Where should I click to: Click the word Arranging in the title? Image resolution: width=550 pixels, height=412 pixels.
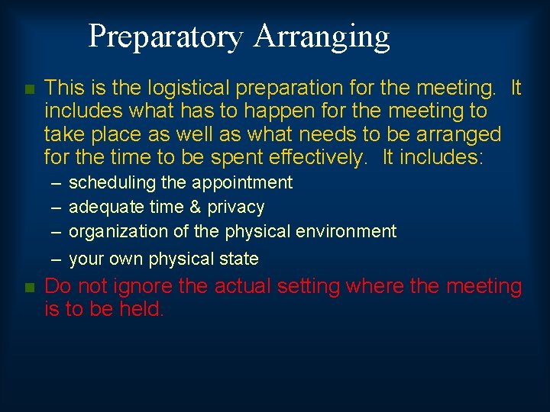322,37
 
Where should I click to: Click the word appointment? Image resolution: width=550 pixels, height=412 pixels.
242,183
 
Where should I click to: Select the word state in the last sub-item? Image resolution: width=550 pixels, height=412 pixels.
239,259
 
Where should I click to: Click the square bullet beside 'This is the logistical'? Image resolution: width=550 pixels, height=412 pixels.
29,90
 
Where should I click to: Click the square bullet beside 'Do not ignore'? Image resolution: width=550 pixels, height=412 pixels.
29,288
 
